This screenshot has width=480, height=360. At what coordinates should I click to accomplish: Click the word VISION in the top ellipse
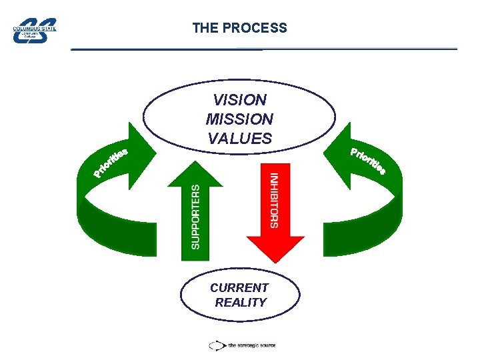click(x=239, y=100)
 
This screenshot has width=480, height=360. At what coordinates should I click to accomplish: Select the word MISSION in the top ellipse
click(x=239, y=119)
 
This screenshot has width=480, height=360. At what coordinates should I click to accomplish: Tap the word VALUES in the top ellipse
click(x=239, y=139)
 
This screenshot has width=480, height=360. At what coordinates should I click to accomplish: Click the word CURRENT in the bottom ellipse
click(x=239, y=288)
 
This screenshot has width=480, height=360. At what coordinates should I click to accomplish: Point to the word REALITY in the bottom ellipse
click(x=240, y=303)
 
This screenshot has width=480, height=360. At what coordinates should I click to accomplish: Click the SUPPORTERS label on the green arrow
click(x=195, y=217)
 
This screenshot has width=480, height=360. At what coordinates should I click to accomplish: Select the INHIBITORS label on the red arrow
click(x=274, y=201)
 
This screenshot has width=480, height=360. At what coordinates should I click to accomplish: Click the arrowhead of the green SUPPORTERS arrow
click(x=195, y=172)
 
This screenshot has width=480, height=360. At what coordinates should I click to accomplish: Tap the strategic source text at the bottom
click(x=252, y=345)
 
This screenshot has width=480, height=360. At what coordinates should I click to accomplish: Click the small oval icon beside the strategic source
click(x=217, y=345)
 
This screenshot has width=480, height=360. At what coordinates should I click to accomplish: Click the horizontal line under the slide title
click(x=264, y=49)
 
